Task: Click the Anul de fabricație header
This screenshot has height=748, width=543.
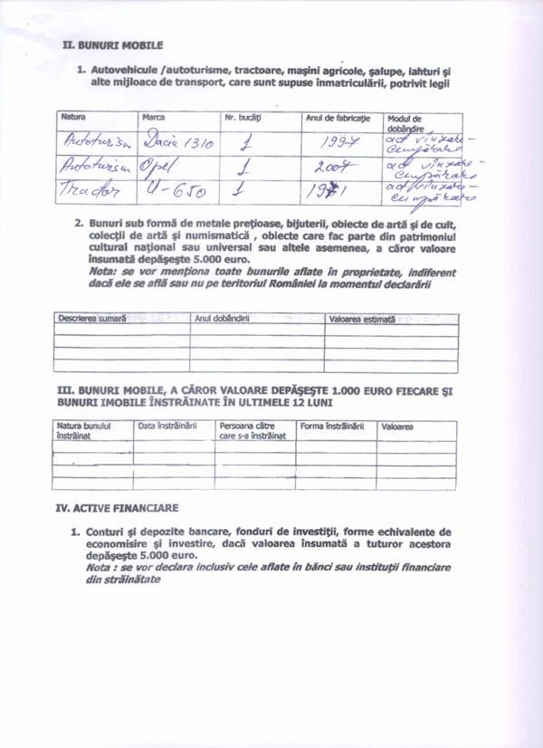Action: pyautogui.click(x=338, y=119)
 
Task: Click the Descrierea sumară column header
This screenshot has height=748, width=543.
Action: pyautogui.click(x=91, y=319)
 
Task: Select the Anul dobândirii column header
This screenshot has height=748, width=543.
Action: pyautogui.click(x=222, y=319)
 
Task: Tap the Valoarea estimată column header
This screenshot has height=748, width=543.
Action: pyautogui.click(x=362, y=320)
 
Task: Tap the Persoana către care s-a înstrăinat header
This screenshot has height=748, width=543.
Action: pyautogui.click(x=252, y=430)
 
